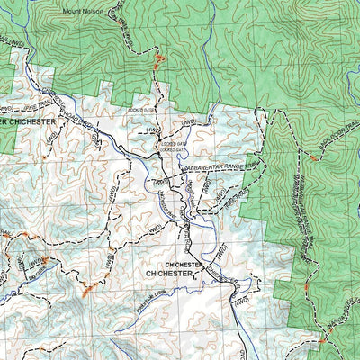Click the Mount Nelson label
click(x=82, y=12)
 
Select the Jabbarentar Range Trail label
click(x=220, y=167)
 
